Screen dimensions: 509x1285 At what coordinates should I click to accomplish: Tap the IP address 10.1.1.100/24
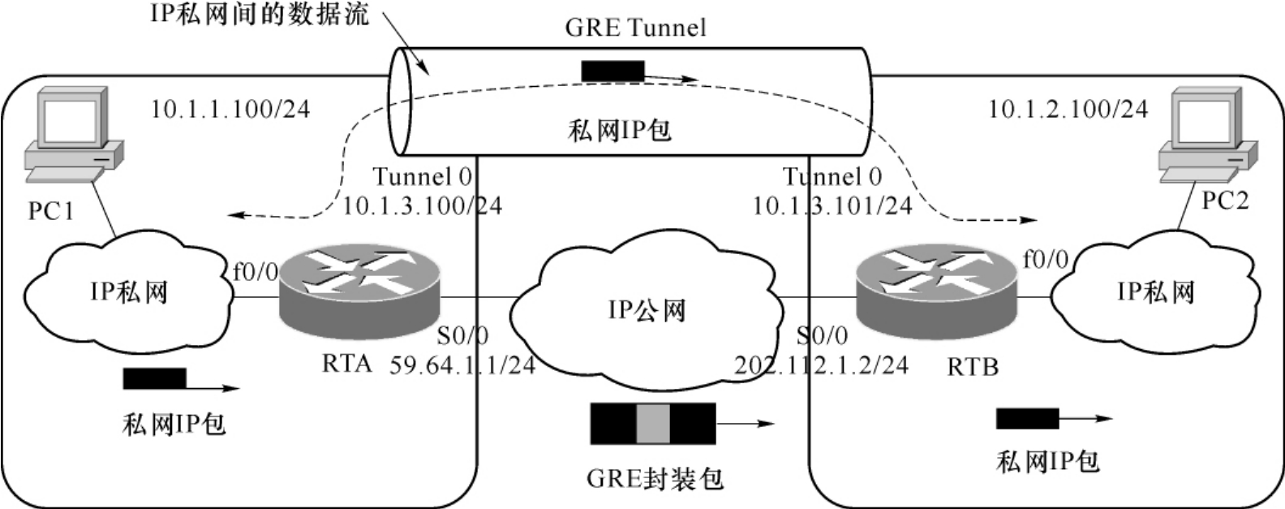230,109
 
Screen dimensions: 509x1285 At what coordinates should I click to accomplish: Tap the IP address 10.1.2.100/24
1068,109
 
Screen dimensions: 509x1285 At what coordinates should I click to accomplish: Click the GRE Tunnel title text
635,28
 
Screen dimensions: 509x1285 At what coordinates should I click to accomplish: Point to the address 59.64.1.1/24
462,365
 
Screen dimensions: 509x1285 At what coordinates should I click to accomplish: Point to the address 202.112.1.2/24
821,365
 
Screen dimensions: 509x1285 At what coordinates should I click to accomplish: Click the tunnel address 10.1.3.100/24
422,206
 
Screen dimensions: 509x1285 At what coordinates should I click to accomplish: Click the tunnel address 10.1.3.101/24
832,206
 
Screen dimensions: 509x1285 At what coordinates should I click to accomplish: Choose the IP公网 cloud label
647,310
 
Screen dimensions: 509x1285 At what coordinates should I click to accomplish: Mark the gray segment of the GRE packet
653,423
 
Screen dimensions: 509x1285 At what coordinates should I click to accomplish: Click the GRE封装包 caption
655,477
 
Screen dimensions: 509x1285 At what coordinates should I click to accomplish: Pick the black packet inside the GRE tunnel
612,71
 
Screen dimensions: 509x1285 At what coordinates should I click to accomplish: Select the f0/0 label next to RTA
256,271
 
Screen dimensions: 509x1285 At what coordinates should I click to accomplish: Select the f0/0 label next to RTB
1045,260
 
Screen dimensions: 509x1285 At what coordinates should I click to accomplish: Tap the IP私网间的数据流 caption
260,14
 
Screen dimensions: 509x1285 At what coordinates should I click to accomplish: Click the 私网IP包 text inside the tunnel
619,130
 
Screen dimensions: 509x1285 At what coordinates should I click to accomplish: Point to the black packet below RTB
1028,419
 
